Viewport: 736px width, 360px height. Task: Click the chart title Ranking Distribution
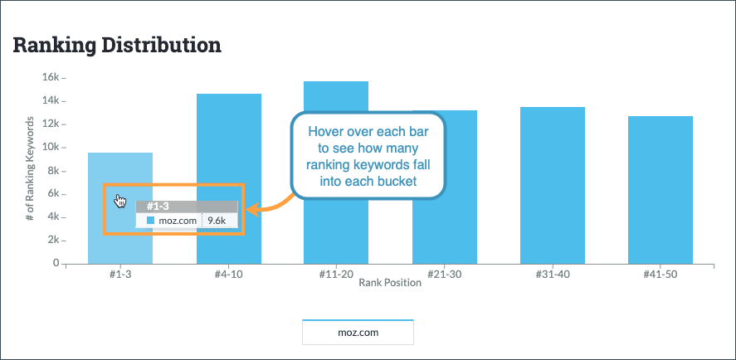(117, 45)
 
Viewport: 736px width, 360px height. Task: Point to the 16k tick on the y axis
(51, 77)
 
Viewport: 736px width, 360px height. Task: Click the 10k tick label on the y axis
(51, 147)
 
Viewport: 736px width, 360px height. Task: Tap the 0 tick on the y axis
(56, 263)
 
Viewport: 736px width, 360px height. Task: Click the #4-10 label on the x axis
(228, 275)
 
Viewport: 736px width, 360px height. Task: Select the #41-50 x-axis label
(660, 275)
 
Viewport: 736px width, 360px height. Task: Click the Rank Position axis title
(390, 283)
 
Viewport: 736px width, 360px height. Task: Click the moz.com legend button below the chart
(357, 332)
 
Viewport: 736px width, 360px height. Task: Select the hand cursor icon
(121, 202)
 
